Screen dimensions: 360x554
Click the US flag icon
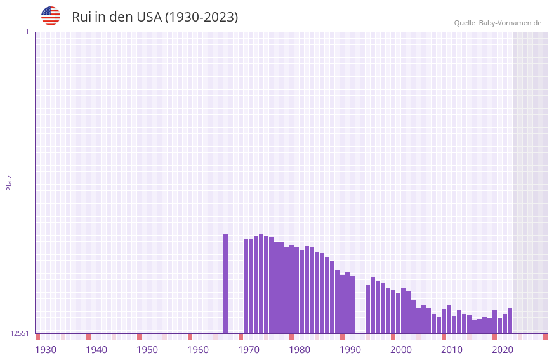pyautogui.click(x=51, y=16)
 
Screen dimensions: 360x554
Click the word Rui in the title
pyautogui.click(x=82, y=17)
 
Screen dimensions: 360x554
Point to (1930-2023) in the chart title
pyautogui.click(x=201, y=17)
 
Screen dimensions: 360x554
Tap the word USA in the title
pyautogui.click(x=149, y=17)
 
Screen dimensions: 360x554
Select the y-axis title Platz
pyautogui.click(x=9, y=182)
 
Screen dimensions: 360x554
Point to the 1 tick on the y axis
pyautogui.click(x=27, y=32)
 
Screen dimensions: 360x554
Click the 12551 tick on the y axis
pyautogui.click(x=20, y=333)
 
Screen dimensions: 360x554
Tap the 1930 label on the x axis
pyautogui.click(x=46, y=350)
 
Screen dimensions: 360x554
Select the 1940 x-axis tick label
pyautogui.click(x=96, y=350)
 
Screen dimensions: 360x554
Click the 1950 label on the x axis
pyautogui.click(x=147, y=350)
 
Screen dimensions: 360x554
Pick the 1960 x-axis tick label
pyautogui.click(x=198, y=350)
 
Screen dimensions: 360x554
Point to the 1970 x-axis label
pyautogui.click(x=249, y=350)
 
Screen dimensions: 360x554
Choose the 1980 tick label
pyautogui.click(x=300, y=350)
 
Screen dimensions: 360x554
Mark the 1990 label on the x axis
pyautogui.click(x=350, y=350)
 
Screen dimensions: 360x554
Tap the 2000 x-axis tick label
pyautogui.click(x=401, y=350)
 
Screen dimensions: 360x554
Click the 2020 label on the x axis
pyautogui.click(x=503, y=350)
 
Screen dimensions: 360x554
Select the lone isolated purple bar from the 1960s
pyautogui.click(x=225, y=283)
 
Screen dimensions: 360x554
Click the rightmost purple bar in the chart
pyautogui.click(x=510, y=321)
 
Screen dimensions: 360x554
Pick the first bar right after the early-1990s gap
pyautogui.click(x=367, y=309)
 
